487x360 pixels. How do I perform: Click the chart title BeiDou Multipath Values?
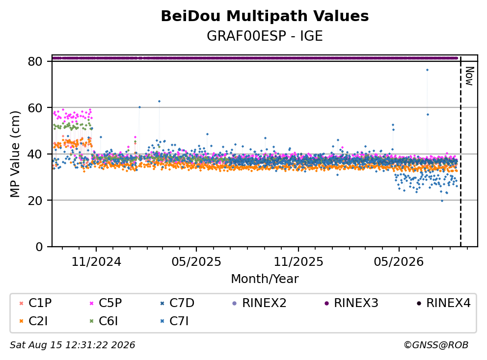click(265, 16)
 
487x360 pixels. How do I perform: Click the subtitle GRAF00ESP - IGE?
click(265, 36)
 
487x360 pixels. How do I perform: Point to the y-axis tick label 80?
click(35, 61)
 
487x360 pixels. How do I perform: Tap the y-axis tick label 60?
click(35, 108)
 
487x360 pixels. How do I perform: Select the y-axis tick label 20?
click(35, 201)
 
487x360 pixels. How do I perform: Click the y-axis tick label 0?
click(39, 247)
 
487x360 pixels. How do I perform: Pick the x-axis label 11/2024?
click(96, 262)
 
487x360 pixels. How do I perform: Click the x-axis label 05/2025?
click(196, 262)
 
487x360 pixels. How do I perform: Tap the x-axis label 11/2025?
click(298, 262)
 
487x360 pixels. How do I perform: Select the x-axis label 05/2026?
click(399, 262)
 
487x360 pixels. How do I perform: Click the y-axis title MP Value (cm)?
click(15, 154)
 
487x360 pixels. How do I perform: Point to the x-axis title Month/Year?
click(265, 279)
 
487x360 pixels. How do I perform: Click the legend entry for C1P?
click(35, 303)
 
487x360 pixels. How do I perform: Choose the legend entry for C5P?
click(106, 303)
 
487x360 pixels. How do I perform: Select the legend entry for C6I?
click(104, 321)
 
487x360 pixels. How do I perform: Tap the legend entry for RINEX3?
click(352, 303)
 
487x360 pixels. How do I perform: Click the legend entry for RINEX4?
click(443, 303)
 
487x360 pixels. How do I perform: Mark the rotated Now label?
click(469, 76)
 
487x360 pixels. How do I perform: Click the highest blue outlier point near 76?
click(428, 70)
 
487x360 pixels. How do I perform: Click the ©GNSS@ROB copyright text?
click(436, 345)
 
